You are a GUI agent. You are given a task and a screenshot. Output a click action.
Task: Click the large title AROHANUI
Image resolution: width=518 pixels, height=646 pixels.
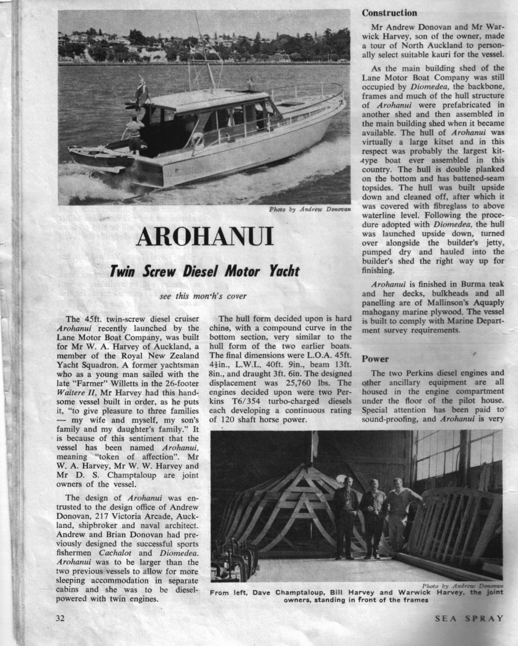click(x=205, y=236)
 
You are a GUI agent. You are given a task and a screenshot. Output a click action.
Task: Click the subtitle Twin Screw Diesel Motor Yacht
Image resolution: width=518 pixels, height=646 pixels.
click(x=204, y=272)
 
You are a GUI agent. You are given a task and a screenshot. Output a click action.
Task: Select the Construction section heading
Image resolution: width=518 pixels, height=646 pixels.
click(x=389, y=13)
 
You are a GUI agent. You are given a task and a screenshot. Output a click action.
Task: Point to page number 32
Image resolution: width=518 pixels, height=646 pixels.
click(x=60, y=618)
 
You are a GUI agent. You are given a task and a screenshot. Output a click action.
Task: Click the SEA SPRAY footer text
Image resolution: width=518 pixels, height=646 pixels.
click(x=469, y=618)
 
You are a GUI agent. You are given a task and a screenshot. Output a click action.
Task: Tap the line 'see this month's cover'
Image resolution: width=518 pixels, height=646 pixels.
click(x=203, y=297)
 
